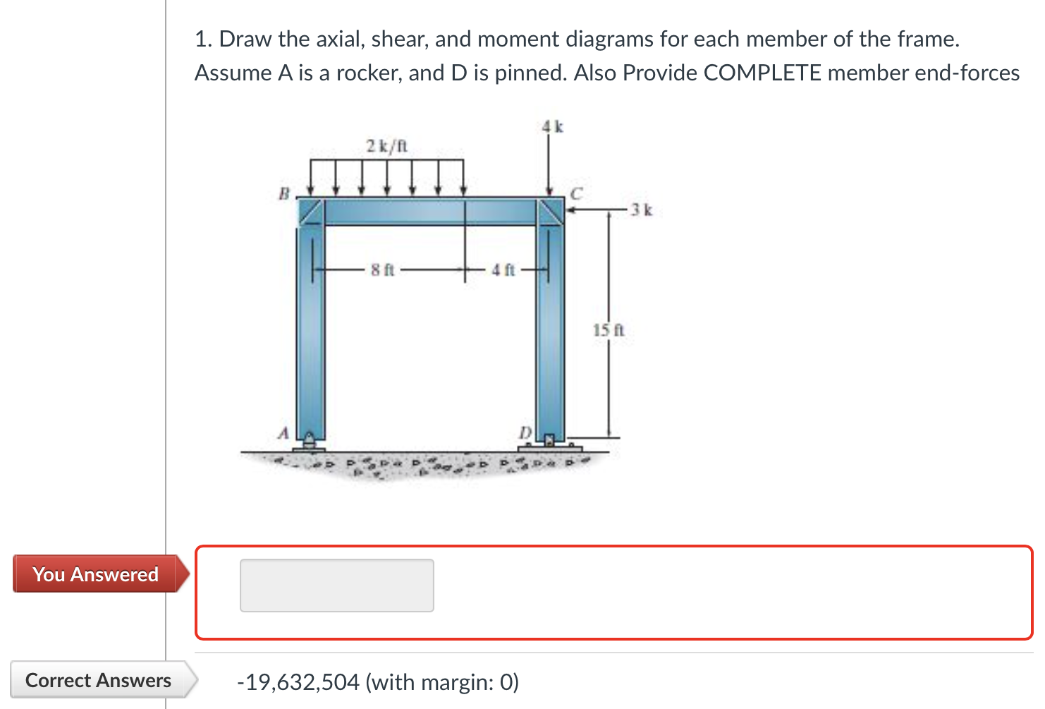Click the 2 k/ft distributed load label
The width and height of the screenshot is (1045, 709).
tap(386, 146)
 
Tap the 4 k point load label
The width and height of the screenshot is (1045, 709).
tap(553, 127)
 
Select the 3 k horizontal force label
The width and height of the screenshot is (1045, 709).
tap(642, 210)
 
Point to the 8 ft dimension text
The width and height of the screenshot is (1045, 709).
tap(383, 269)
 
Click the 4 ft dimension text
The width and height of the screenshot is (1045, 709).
tap(503, 269)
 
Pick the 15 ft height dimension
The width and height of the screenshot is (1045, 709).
tap(609, 329)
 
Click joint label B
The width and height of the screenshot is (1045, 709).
tap(284, 193)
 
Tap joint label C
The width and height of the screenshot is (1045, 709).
tap(576, 193)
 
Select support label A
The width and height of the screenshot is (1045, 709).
tap(283, 432)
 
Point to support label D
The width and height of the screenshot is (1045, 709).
tap(525, 432)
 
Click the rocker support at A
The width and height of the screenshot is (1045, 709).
tap(310, 442)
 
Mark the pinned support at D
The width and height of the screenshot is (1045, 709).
tap(551, 442)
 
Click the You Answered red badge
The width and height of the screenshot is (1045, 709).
tap(96, 574)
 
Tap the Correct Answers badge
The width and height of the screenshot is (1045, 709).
tap(99, 680)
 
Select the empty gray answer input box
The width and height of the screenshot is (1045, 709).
tap(336, 586)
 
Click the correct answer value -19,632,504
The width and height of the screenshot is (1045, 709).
tap(298, 682)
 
